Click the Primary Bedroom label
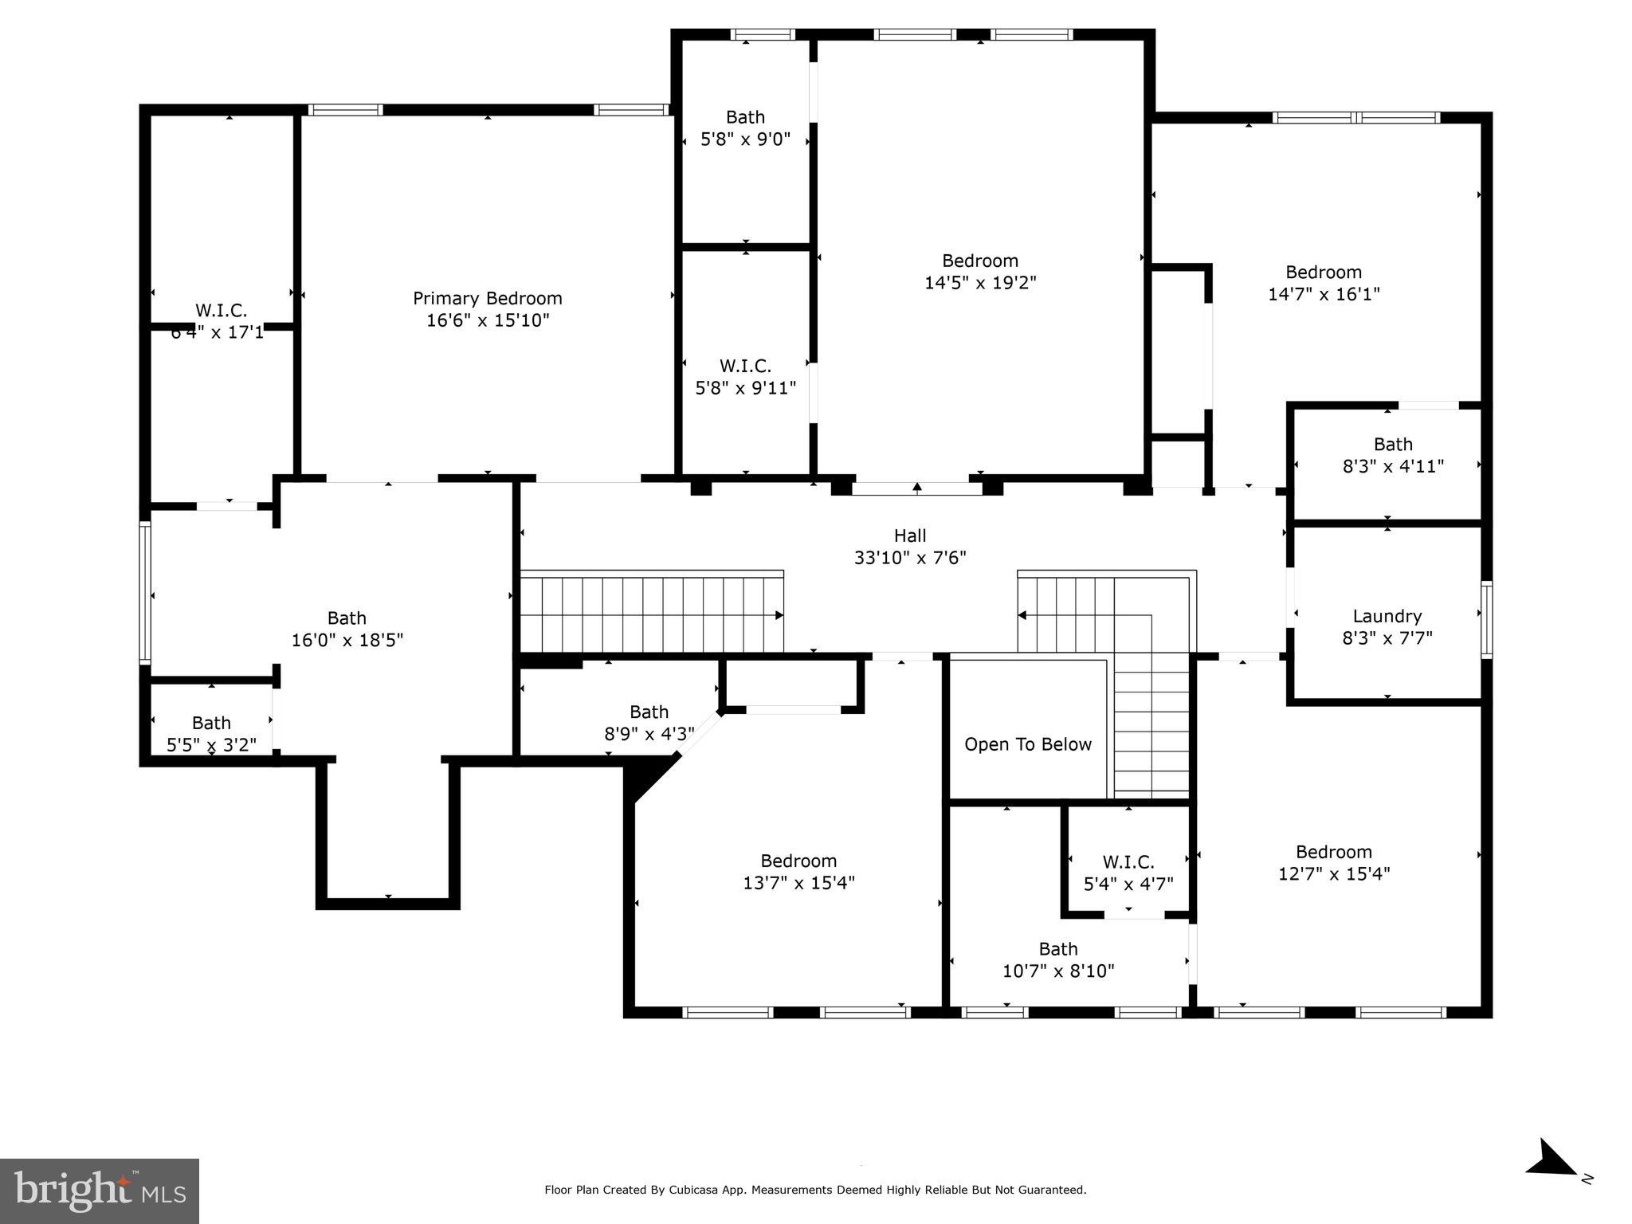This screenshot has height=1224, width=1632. pos(487,298)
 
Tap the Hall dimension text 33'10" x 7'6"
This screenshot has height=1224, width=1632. pos(910,558)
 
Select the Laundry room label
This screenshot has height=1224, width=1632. pos(1387,616)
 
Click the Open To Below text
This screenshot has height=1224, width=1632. pos(1027,744)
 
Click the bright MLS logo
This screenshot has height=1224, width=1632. pos(100,1191)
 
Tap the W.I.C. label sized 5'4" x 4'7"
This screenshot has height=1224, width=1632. pos(1128,862)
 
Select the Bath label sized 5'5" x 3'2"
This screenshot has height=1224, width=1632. pos(211,723)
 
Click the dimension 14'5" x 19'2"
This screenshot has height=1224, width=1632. pos(980,283)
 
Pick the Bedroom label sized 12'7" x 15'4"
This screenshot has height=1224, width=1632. pos(1333,852)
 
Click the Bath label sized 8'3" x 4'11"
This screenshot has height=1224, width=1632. pos(1392,445)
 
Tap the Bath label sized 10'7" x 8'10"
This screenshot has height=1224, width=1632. pos(1057,949)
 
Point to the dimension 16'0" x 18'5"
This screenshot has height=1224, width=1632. pos(347,640)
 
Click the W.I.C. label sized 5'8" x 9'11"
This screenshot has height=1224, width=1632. pos(745,367)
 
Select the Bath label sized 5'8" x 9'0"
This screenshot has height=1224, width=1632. pos(745,117)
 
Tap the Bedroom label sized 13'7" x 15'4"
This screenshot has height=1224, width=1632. pos(798,861)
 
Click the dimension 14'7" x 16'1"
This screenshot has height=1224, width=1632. pos(1324,294)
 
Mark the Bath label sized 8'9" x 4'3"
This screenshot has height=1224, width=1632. pos(649,712)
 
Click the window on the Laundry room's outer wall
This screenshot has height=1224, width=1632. pos(1486,620)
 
